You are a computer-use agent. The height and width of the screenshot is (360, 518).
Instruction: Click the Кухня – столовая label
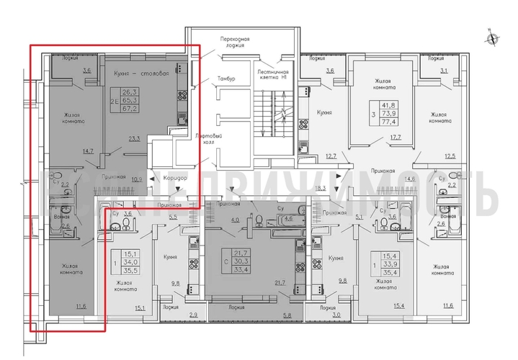click(x=142, y=73)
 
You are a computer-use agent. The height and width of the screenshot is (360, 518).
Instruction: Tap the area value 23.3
click(x=134, y=139)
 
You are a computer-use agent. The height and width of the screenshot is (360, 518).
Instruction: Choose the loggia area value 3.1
click(x=444, y=71)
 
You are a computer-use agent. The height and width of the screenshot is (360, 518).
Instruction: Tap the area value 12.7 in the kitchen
click(x=331, y=156)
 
